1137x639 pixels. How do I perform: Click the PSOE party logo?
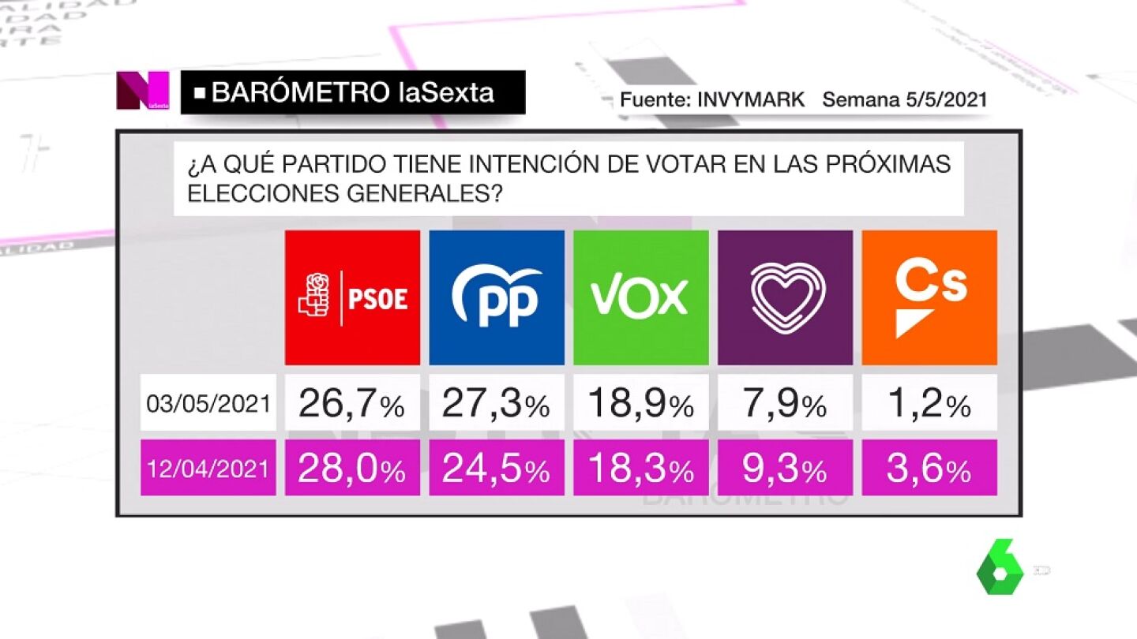352,297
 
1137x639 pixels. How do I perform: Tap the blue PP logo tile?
497,297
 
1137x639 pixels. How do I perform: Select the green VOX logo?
641,297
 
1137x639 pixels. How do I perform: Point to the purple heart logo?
786,297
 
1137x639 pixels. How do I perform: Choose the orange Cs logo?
929,297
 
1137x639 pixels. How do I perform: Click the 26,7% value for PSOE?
352,404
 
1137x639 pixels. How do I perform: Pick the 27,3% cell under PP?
497,404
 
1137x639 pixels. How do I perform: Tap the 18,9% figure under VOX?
641,404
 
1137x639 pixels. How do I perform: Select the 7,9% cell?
786,404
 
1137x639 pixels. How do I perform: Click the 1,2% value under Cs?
929,404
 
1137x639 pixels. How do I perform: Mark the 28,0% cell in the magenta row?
352,469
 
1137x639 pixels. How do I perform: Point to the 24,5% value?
497,469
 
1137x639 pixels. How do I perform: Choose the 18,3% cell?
641,469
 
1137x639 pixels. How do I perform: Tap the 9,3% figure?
786,469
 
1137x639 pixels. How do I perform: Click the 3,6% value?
929,469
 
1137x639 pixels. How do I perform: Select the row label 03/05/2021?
208,404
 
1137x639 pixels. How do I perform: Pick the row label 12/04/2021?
208,469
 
